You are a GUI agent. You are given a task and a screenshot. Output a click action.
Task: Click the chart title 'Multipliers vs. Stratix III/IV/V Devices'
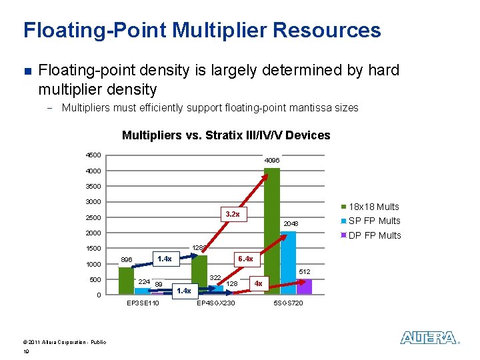click(226, 135)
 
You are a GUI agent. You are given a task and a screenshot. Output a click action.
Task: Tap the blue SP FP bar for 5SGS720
click(288, 262)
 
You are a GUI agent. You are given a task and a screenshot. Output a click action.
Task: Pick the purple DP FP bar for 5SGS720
click(304, 287)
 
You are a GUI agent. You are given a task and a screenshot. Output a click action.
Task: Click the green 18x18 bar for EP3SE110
click(125, 281)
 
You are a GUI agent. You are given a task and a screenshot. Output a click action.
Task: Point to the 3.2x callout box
click(233, 214)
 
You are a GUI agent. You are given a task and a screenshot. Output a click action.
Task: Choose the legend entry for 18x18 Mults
click(370, 207)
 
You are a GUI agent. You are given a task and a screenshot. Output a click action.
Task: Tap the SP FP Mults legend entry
click(370, 221)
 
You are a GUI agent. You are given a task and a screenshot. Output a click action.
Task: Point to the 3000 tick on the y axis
click(93, 202)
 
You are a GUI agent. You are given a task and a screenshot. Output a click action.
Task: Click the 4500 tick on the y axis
click(93, 155)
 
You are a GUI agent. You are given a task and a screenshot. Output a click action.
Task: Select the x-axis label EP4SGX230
click(215, 304)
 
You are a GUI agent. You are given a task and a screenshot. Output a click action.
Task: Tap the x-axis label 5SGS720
click(288, 304)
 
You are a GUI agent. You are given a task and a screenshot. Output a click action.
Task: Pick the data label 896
click(127, 260)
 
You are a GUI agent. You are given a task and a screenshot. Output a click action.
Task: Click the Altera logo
click(429, 338)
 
